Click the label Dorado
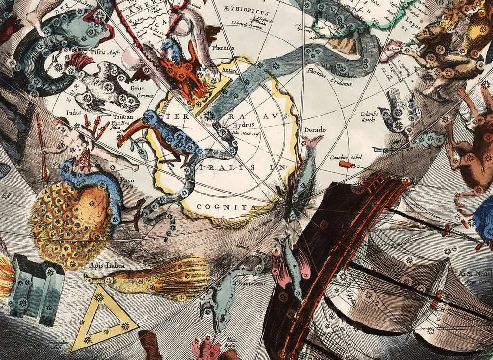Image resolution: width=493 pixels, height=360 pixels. (x=315, y=130)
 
